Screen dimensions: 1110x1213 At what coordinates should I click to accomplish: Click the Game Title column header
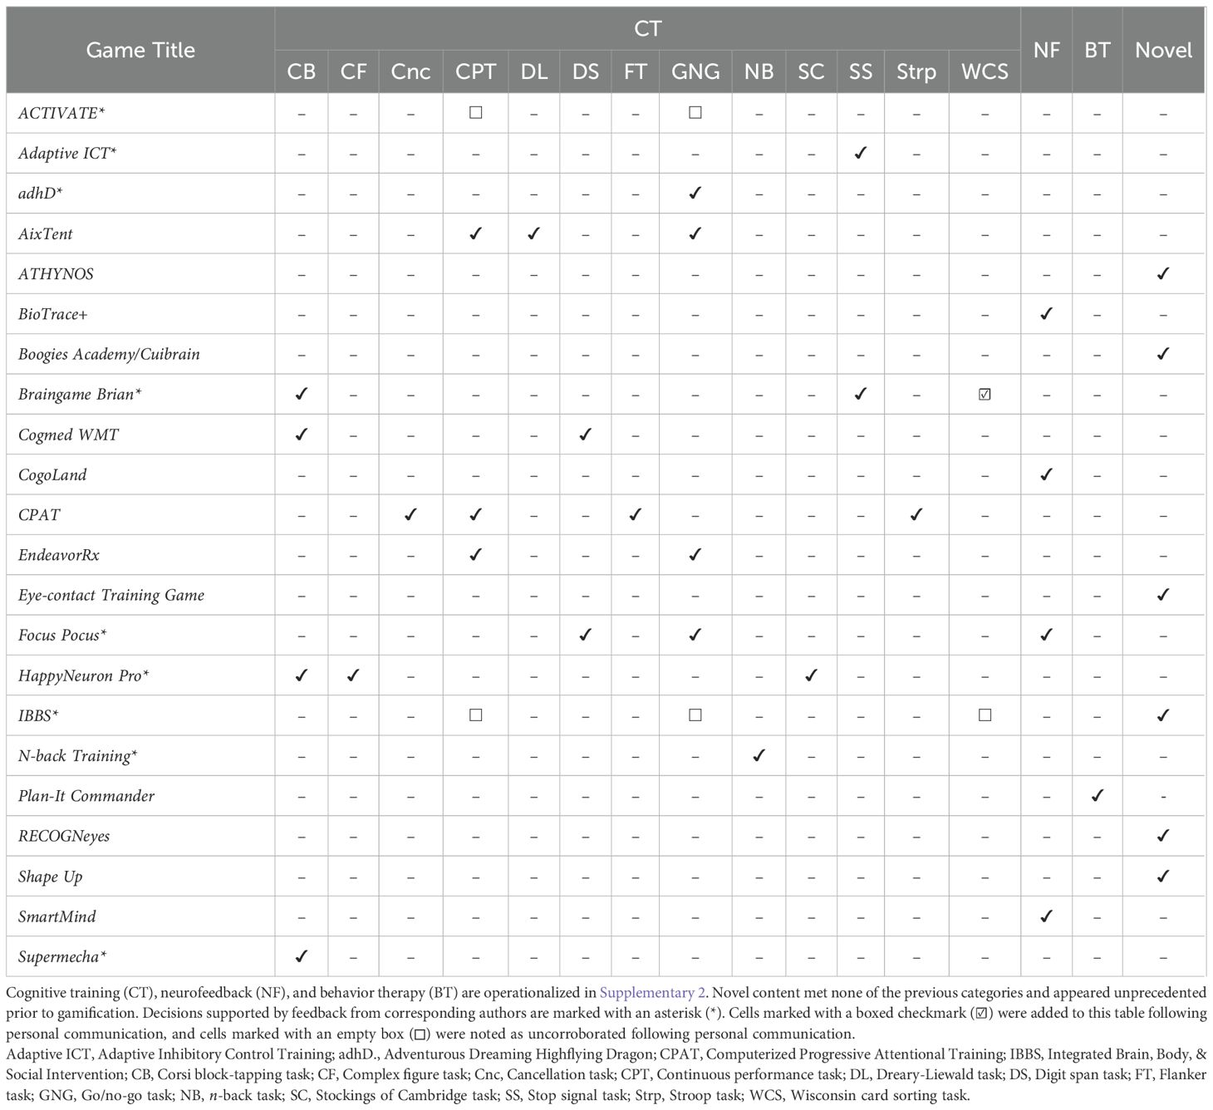(140, 50)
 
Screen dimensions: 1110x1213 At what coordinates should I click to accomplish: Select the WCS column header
(985, 71)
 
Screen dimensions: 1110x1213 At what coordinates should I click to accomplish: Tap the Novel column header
(1163, 50)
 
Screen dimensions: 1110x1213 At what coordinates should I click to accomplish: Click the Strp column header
(916, 71)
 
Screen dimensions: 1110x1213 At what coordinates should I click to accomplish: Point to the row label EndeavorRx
(59, 555)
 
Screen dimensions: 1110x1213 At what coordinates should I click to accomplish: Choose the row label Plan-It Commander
(86, 796)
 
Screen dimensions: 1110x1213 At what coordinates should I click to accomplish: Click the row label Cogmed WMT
(68, 435)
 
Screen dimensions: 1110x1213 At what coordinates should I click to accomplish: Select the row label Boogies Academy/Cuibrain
(109, 354)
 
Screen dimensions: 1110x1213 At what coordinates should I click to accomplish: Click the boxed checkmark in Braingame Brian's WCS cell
(985, 395)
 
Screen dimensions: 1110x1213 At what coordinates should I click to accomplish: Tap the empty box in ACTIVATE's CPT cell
(475, 112)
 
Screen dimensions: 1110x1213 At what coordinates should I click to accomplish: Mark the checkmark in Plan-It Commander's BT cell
(1097, 795)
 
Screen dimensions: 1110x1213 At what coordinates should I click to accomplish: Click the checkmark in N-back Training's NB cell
(759, 755)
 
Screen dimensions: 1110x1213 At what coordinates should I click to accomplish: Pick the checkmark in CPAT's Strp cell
(916, 514)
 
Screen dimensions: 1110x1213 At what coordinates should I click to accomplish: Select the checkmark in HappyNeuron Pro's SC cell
(811, 675)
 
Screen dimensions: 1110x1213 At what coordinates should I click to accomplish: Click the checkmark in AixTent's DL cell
(533, 233)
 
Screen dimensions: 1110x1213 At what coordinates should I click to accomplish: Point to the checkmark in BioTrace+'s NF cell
(1046, 313)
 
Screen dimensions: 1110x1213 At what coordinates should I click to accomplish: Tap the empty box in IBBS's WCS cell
(985, 715)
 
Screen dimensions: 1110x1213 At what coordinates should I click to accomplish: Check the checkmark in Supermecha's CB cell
(301, 956)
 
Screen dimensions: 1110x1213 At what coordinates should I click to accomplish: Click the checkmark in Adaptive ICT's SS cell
(861, 153)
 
